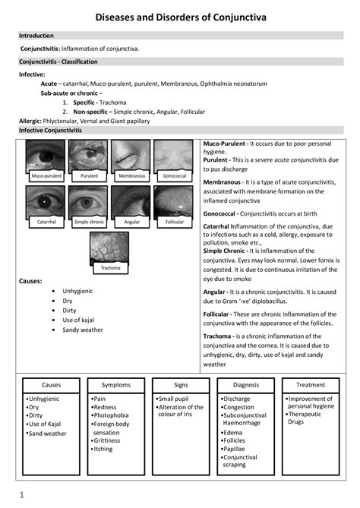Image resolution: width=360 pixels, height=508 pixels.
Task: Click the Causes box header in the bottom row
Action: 51,385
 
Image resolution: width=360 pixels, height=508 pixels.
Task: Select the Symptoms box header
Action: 115,385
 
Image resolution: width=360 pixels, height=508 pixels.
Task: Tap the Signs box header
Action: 181,385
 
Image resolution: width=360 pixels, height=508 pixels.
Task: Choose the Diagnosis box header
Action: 245,385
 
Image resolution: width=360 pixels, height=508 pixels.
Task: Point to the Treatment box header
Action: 310,385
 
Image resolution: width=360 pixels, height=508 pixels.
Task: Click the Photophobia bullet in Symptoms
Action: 112,415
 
